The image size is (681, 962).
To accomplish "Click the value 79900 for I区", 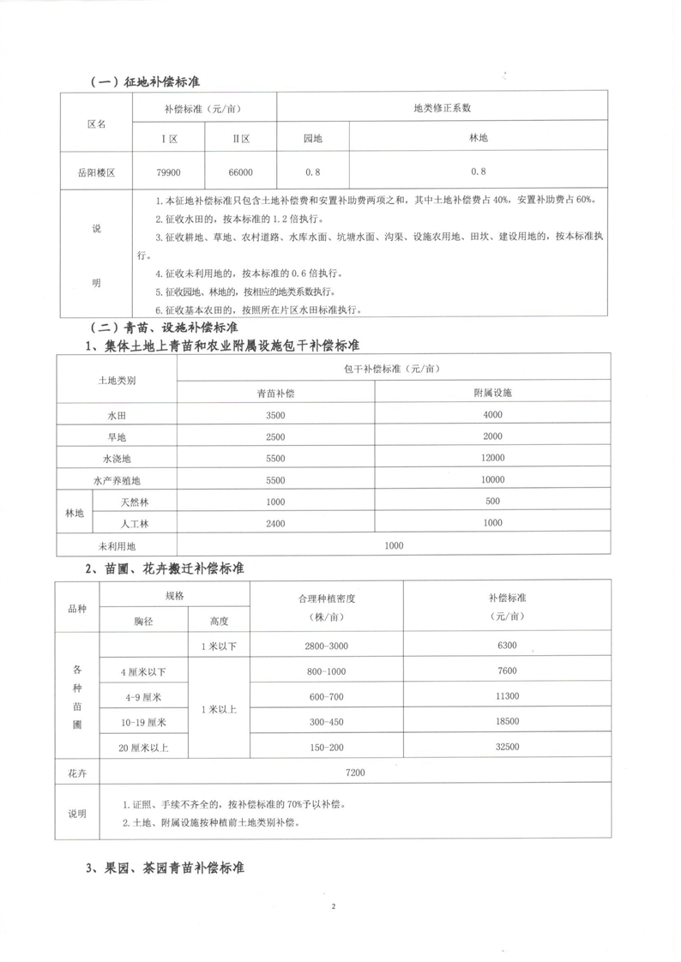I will (168, 172).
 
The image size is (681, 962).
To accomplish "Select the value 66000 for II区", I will (240, 172).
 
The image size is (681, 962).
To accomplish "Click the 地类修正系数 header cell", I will (442, 108).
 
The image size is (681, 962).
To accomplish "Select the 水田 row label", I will (116, 414).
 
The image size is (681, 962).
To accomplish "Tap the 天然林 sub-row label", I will (131, 502).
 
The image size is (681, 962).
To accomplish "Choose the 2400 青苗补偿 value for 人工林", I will (275, 523).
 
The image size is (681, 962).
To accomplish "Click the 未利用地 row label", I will (116, 545).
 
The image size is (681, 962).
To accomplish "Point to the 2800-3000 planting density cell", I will (326, 645).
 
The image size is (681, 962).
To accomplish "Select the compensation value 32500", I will (507, 748).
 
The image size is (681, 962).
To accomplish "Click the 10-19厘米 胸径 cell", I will (143, 722).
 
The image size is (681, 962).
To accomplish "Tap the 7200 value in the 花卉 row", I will (355, 773).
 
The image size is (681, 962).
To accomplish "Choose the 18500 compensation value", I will (507, 722).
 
